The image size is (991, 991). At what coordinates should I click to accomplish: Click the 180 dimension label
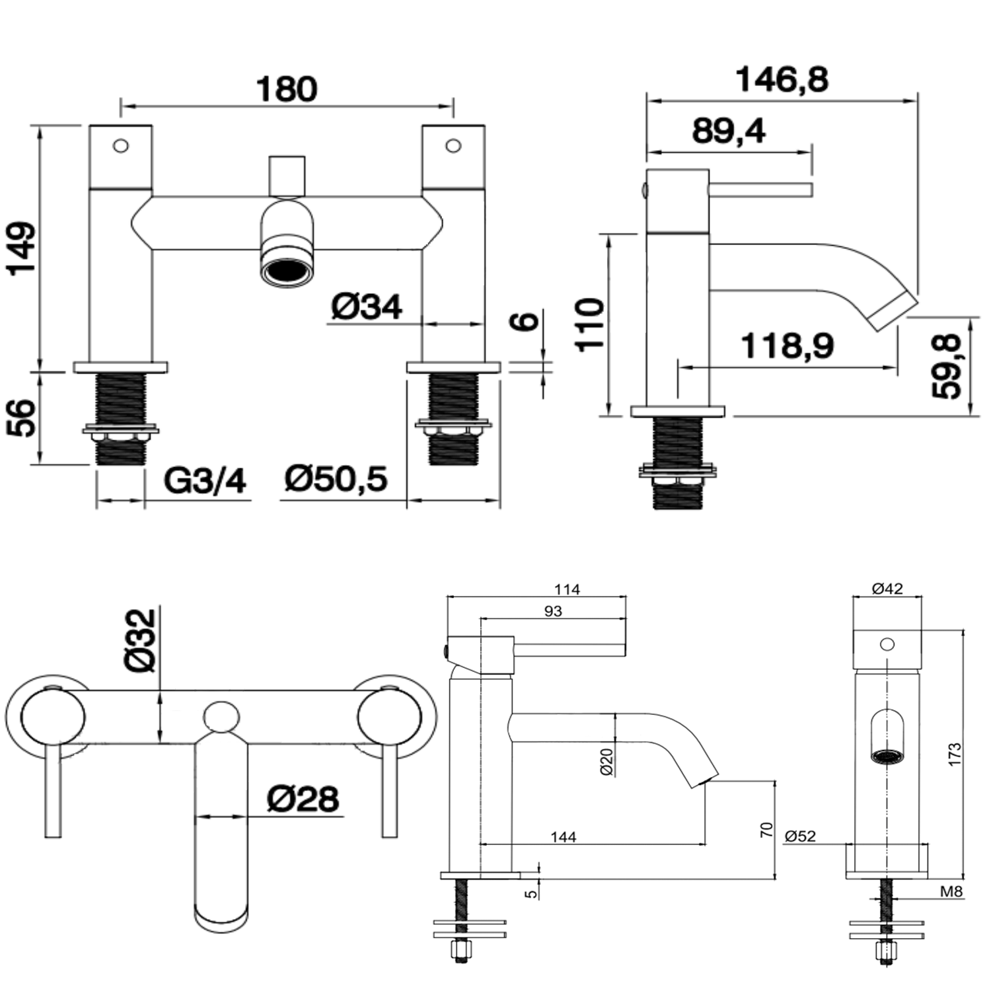tap(287, 89)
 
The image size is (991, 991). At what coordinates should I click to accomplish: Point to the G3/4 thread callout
tap(205, 480)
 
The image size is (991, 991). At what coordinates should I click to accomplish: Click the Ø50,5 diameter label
tap(336, 478)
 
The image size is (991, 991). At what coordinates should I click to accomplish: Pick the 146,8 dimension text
tap(782, 80)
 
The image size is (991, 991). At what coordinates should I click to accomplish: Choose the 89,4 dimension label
tap(729, 131)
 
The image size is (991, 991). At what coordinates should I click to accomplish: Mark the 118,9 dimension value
tap(787, 346)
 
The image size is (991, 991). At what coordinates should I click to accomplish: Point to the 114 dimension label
tap(567, 589)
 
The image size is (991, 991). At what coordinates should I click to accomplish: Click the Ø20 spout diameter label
tap(607, 761)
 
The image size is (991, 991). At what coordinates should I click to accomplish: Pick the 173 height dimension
tap(955, 754)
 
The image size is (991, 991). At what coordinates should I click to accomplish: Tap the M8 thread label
tap(951, 892)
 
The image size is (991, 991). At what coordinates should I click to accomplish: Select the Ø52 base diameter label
tap(800, 836)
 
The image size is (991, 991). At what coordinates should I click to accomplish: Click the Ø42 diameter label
tap(887, 589)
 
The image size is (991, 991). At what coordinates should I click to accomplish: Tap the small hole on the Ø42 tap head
tap(887, 643)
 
